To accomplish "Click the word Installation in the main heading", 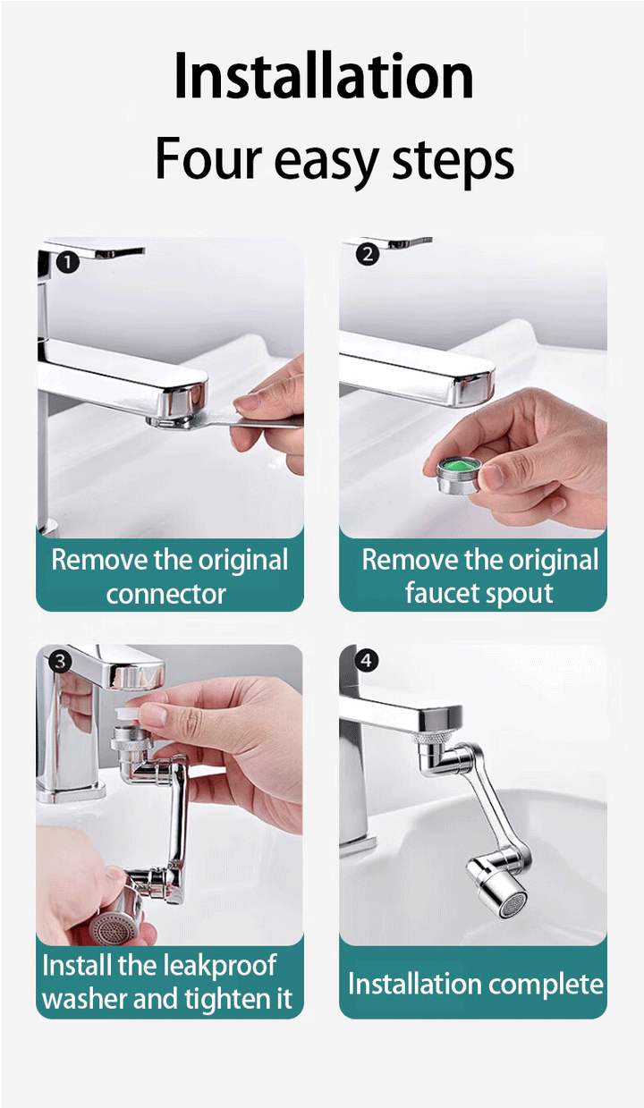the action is tap(324, 76).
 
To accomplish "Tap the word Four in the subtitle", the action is tap(208, 157).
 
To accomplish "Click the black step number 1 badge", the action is tap(68, 262).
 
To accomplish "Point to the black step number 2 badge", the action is tap(367, 255).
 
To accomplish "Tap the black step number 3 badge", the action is tap(60, 662).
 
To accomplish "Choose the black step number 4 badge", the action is tap(367, 660).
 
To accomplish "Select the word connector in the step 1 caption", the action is tap(166, 594).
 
